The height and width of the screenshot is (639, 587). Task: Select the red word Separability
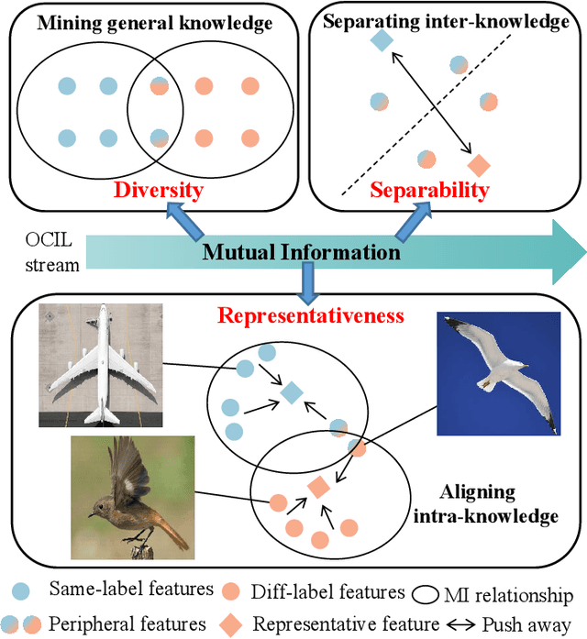point(429,190)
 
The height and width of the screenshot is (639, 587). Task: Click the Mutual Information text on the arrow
point(301,252)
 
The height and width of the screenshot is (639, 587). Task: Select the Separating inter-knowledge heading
point(447,20)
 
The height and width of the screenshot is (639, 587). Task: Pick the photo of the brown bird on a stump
point(133,498)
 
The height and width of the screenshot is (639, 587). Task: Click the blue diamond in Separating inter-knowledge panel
point(381,41)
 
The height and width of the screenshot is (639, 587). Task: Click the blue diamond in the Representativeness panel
point(291,392)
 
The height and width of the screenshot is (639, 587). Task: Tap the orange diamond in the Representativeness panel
point(318,488)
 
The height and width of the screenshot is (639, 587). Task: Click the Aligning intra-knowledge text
point(496,504)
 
